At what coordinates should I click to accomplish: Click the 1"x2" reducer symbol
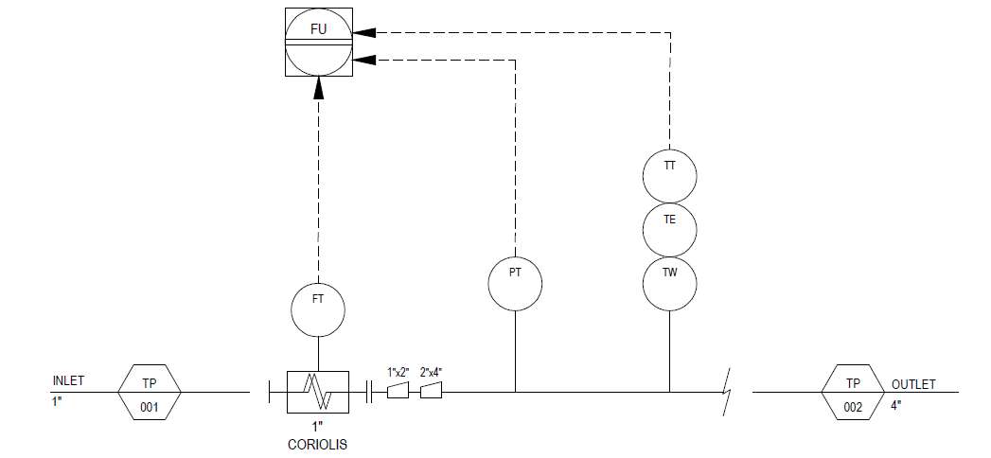[x=398, y=393]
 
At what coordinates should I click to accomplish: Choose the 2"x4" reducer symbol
[x=431, y=393]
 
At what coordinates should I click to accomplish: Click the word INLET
[x=68, y=381]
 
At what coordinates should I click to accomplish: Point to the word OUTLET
[x=913, y=384]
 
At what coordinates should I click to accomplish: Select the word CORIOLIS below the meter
[x=318, y=445]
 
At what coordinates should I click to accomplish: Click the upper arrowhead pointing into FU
[x=364, y=31]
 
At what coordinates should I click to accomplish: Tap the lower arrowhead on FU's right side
[x=364, y=60]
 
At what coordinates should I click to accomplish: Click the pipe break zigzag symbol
[x=728, y=393]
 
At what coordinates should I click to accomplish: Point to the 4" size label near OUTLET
[x=896, y=406]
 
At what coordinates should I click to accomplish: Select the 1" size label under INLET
[x=58, y=400]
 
